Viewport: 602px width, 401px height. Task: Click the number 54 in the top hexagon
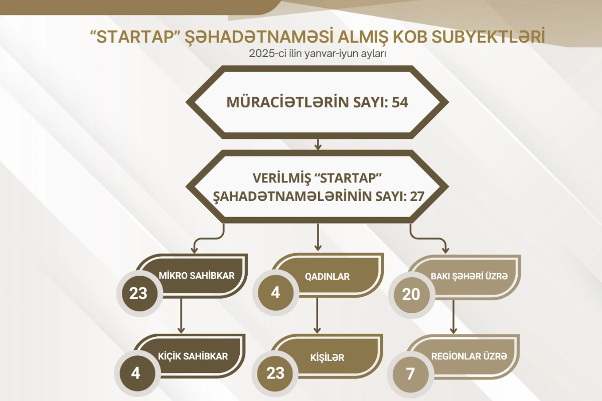point(400,102)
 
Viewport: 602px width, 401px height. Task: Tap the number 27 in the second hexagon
point(416,196)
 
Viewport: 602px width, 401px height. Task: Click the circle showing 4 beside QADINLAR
point(275,293)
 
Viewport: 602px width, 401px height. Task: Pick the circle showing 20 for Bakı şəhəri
point(411,294)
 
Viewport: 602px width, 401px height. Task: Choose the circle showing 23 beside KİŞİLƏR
point(275,373)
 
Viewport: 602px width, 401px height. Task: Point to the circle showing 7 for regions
point(410,374)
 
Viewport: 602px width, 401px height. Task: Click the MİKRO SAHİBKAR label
point(197,275)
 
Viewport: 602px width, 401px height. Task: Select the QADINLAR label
point(327,276)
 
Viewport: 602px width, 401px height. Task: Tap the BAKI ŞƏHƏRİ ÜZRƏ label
point(469,276)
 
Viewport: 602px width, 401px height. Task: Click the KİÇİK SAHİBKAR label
point(193,356)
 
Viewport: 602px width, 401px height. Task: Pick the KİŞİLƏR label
point(327,357)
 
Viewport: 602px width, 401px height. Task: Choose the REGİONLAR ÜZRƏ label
point(469,356)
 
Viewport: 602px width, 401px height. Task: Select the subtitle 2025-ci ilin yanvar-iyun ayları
point(318,54)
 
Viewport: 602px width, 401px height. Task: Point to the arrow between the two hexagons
point(318,144)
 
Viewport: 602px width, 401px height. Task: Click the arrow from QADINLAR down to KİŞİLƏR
point(318,315)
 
